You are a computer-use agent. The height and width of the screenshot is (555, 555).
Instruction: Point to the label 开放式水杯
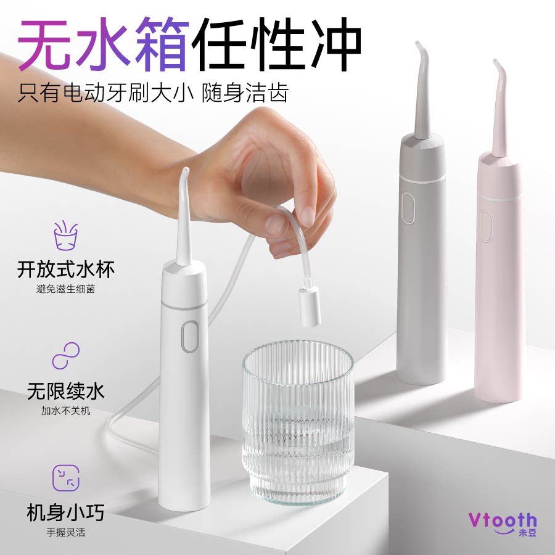click(x=66, y=269)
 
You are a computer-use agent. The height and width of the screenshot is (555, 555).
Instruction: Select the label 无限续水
click(x=66, y=391)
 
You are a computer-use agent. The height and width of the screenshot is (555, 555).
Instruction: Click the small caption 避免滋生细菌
click(x=66, y=289)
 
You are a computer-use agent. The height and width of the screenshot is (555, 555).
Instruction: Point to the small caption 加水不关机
click(x=66, y=410)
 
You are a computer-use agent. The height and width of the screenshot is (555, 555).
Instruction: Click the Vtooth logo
click(x=502, y=522)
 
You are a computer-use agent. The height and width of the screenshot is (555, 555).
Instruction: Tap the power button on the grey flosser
click(x=407, y=208)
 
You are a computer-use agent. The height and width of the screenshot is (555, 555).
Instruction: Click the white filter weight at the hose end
click(x=310, y=306)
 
